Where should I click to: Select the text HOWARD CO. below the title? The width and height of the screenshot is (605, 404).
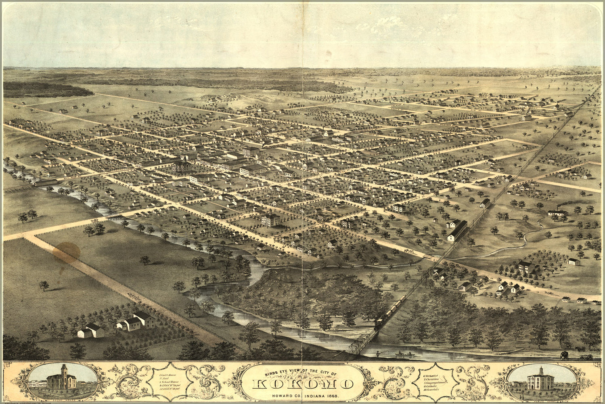tap(284, 394)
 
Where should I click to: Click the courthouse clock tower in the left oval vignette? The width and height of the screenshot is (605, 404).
tap(63, 371)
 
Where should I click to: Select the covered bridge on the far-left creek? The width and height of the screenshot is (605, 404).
tap(45, 183)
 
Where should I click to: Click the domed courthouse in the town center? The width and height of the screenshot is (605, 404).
tap(182, 165)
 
